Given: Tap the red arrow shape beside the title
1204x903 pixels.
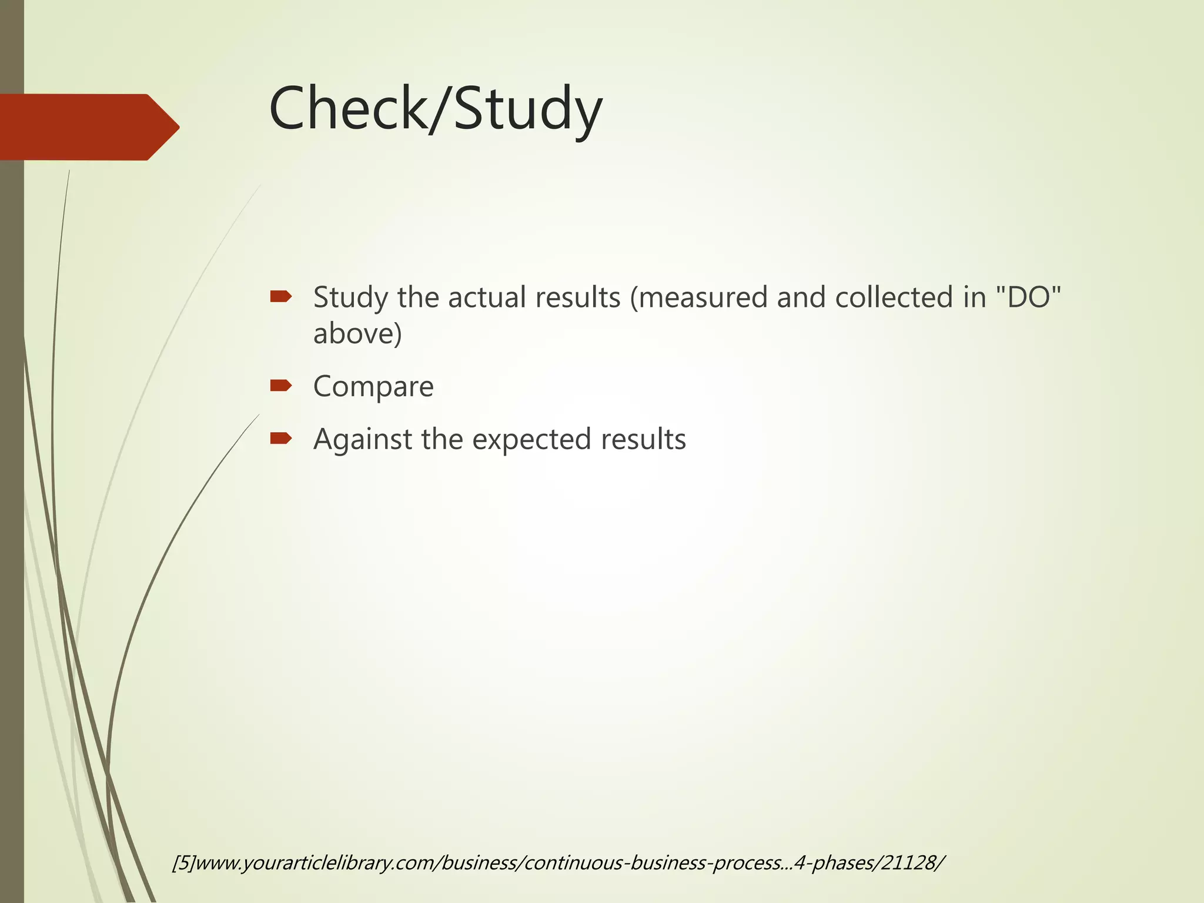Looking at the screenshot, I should (88, 127).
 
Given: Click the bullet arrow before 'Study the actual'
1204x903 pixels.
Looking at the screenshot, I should (280, 296).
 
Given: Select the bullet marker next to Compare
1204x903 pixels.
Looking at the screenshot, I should (280, 386).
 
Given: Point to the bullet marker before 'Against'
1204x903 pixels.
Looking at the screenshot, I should (280, 438).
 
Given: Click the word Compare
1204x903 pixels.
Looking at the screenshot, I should (373, 387).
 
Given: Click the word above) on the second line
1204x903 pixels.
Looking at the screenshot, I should (357, 334).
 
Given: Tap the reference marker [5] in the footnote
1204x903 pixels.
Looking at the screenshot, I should (183, 863).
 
